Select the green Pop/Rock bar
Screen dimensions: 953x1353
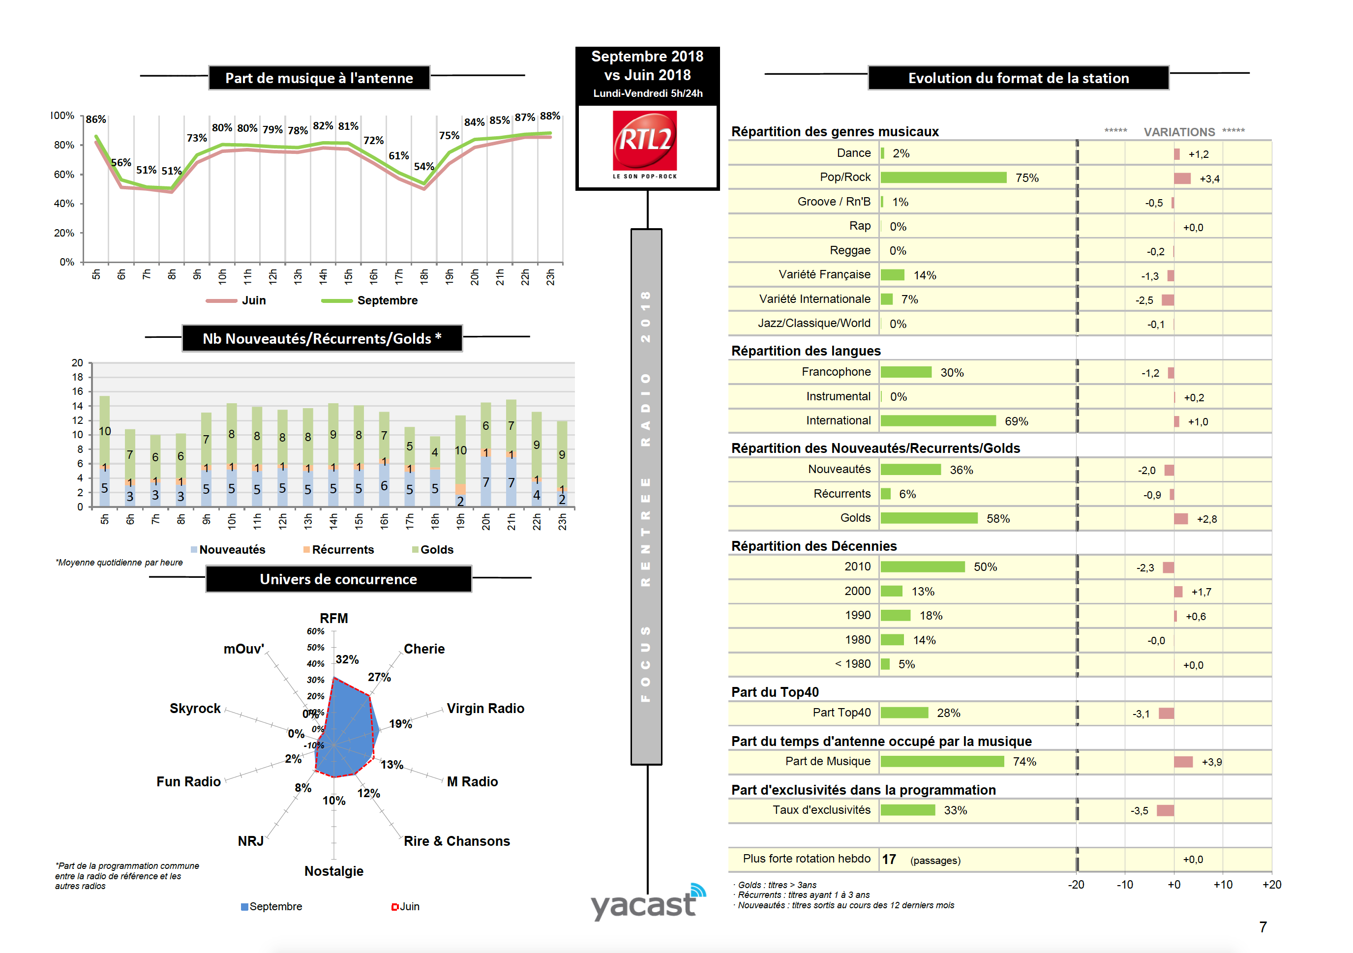point(943,178)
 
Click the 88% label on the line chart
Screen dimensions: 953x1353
point(550,116)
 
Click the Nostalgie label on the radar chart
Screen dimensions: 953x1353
point(333,871)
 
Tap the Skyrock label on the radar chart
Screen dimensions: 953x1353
point(195,709)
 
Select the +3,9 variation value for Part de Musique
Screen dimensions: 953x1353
point(1211,762)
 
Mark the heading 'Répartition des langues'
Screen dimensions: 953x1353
point(806,351)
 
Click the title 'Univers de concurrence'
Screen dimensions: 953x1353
point(338,579)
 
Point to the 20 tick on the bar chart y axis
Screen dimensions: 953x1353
point(77,363)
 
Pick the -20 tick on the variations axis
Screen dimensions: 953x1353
point(1076,885)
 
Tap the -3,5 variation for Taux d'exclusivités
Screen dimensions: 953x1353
point(1139,811)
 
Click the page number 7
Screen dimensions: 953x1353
point(1263,927)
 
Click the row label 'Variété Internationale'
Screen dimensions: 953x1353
point(814,299)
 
